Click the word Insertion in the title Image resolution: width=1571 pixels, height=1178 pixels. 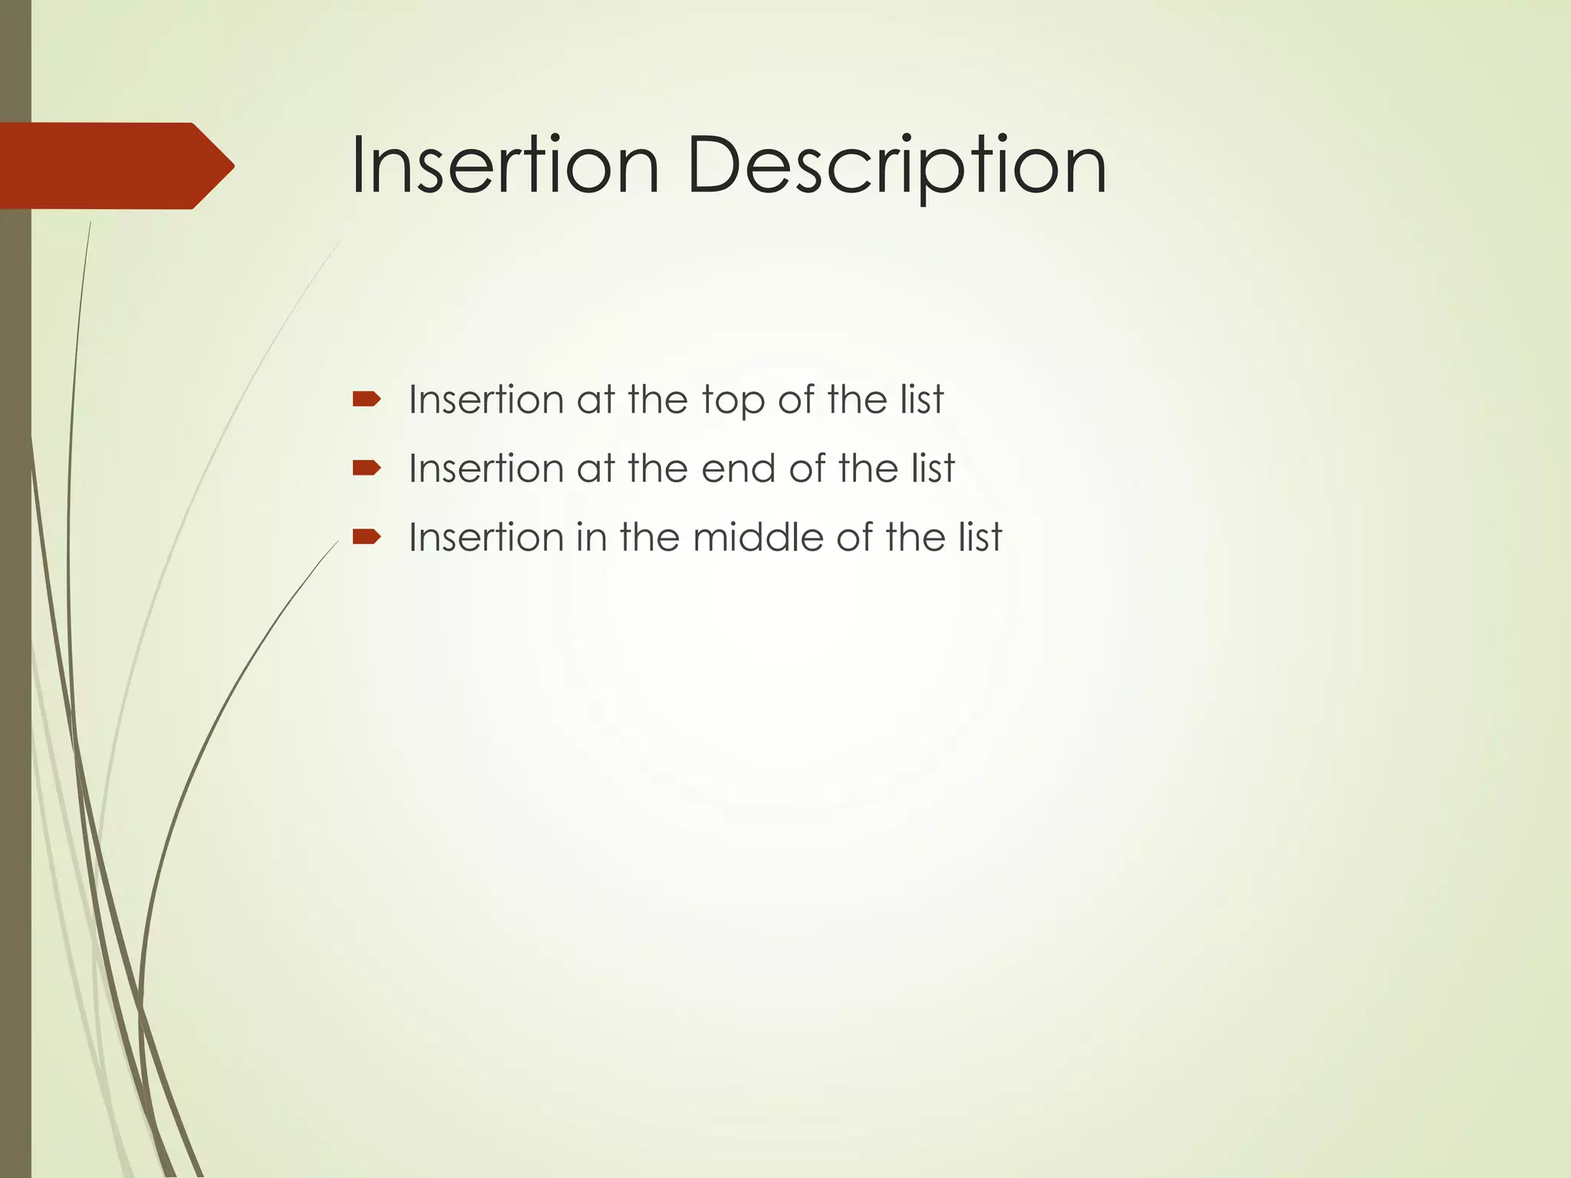pyautogui.click(x=505, y=166)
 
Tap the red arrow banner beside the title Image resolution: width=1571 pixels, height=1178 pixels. pyautogui.click(x=107, y=166)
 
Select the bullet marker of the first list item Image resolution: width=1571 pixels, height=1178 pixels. pyautogui.click(x=366, y=399)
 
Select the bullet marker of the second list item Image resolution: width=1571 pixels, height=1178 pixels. pyautogui.click(x=366, y=468)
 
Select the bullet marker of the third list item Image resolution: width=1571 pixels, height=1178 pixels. pyautogui.click(x=366, y=537)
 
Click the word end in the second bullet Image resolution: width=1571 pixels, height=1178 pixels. pyautogui.click(x=738, y=469)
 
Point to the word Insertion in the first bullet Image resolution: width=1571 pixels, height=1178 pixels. pyautogui.click(x=486, y=400)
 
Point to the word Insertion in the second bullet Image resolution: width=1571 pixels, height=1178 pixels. pyautogui.click(x=486, y=469)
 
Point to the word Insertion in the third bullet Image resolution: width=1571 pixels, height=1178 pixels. pyautogui.click(x=486, y=538)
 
